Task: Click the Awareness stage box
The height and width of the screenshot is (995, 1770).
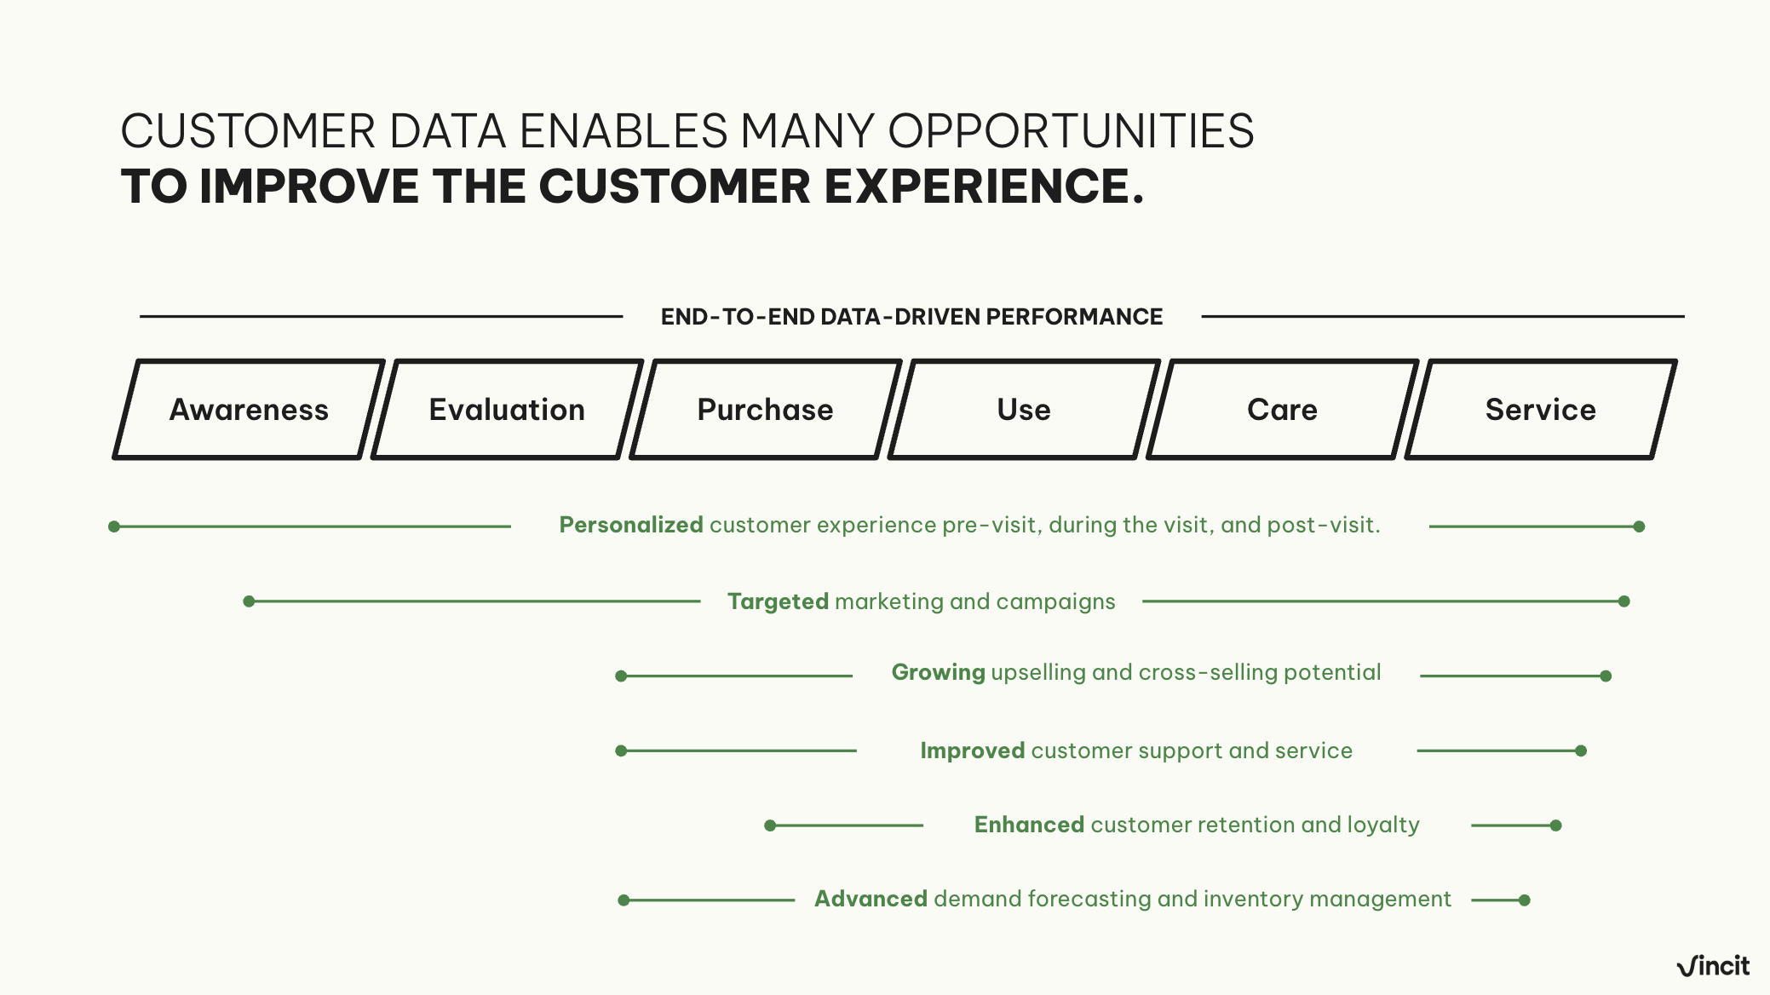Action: pyautogui.click(x=249, y=410)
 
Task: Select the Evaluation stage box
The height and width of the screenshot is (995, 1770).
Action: pyautogui.click(x=507, y=410)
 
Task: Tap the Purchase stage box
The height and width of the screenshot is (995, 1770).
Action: pyautogui.click(x=765, y=410)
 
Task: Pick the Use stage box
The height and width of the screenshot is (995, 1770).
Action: pyautogui.click(x=1024, y=410)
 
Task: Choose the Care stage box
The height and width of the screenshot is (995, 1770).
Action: pyautogui.click(x=1282, y=410)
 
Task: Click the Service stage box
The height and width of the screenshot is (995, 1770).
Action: pyautogui.click(x=1540, y=410)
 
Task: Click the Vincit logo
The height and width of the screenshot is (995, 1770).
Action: pyautogui.click(x=1712, y=966)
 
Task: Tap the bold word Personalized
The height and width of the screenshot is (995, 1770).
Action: pyautogui.click(x=630, y=525)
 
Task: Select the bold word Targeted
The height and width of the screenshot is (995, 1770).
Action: pyautogui.click(x=778, y=601)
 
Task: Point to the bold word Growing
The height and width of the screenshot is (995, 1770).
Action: pyautogui.click(x=938, y=672)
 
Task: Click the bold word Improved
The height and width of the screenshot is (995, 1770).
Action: pyautogui.click(x=972, y=751)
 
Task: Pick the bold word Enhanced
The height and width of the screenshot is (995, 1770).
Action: pyautogui.click(x=1029, y=825)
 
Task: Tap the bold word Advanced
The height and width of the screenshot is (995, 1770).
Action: pyautogui.click(x=871, y=899)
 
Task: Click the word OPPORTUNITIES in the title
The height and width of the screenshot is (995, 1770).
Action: pyautogui.click(x=1071, y=131)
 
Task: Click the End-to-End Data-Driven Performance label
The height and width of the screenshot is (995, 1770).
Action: pyautogui.click(x=911, y=317)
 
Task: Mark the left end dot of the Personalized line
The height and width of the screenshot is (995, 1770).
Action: pyautogui.click(x=114, y=526)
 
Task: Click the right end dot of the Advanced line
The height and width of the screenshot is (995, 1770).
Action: pyautogui.click(x=1525, y=900)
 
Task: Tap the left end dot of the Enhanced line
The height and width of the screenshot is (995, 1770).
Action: pyautogui.click(x=770, y=825)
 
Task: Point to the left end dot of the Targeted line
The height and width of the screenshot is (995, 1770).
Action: pyautogui.click(x=249, y=601)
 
